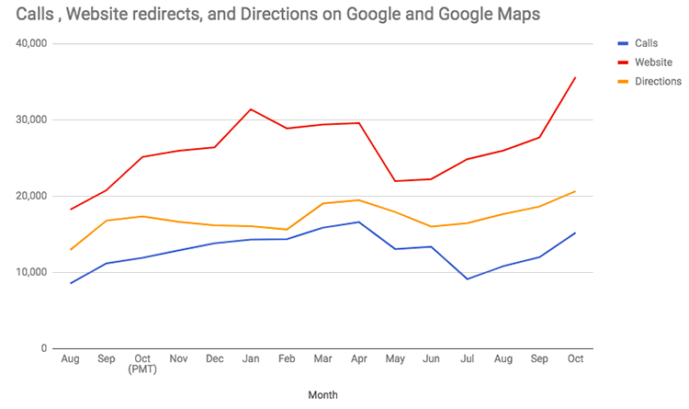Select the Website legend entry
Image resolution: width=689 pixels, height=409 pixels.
(653, 62)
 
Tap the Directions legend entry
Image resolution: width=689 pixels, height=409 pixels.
(658, 82)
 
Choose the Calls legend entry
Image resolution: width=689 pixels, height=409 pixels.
(647, 43)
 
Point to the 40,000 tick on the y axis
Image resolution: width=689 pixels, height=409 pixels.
(32, 43)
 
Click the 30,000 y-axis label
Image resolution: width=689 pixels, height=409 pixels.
(32, 119)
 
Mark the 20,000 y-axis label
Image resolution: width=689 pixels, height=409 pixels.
(32, 196)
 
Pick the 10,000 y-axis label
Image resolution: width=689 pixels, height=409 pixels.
(32, 272)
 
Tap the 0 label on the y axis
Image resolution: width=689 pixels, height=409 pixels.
(44, 348)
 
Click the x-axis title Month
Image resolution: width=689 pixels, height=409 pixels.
(322, 395)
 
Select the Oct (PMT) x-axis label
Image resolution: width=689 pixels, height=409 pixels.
(141, 365)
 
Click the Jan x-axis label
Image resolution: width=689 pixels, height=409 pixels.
(251, 359)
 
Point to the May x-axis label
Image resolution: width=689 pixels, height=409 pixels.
(395, 359)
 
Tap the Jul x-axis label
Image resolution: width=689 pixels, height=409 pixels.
(467, 359)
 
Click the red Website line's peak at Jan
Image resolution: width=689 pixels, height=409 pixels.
(251, 109)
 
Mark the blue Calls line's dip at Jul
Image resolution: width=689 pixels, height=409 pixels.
(467, 279)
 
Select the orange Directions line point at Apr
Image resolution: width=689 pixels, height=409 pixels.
(359, 200)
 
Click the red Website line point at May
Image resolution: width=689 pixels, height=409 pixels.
(395, 181)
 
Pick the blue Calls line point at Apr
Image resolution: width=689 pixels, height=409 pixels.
(359, 222)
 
